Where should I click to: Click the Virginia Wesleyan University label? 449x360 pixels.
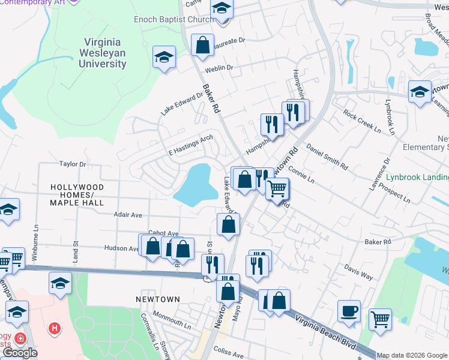[101, 52]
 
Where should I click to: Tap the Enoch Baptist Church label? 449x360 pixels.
[173, 19]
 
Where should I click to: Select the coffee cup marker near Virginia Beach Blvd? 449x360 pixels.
[349, 311]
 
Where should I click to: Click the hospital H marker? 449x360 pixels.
[55, 329]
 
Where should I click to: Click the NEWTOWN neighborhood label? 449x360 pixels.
[157, 299]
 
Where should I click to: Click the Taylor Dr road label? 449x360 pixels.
[73, 164]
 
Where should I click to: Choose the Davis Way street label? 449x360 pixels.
[358, 272]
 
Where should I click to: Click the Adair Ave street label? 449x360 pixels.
[127, 214]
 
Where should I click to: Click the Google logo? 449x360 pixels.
[20, 353]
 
